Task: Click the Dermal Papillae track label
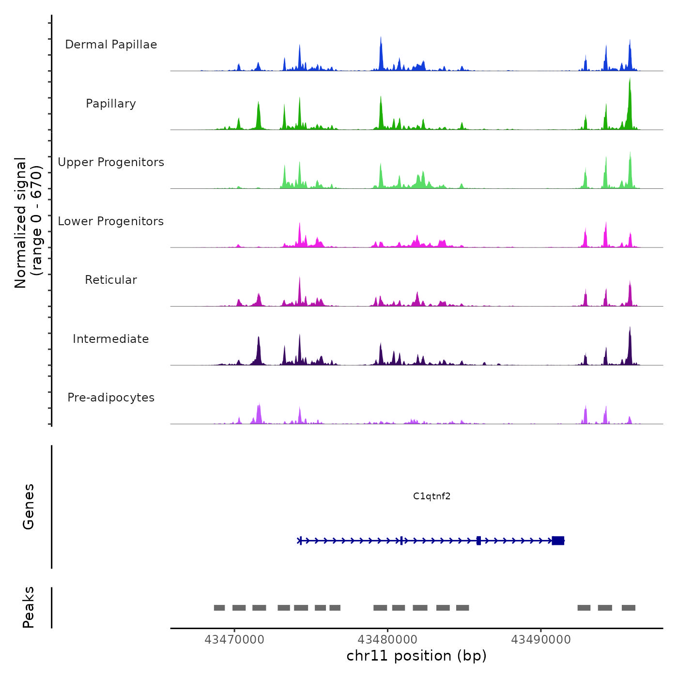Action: tap(111, 45)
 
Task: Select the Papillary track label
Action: tap(111, 104)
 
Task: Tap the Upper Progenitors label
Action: tap(111, 162)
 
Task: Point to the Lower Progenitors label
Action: tap(111, 221)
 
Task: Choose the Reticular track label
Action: tap(111, 280)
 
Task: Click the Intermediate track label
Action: tap(111, 339)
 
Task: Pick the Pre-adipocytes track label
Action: tap(111, 398)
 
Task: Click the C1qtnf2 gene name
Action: tap(431, 496)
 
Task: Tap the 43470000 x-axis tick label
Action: tap(234, 640)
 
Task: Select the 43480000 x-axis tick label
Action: tap(387, 640)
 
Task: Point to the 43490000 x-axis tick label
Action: tap(541, 640)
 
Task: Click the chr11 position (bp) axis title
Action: tap(416, 656)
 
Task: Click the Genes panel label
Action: tap(29, 507)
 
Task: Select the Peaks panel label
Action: tap(29, 607)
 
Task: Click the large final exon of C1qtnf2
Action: tap(558, 540)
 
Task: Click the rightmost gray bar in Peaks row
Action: tap(628, 608)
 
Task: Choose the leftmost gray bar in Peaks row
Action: tap(219, 608)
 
